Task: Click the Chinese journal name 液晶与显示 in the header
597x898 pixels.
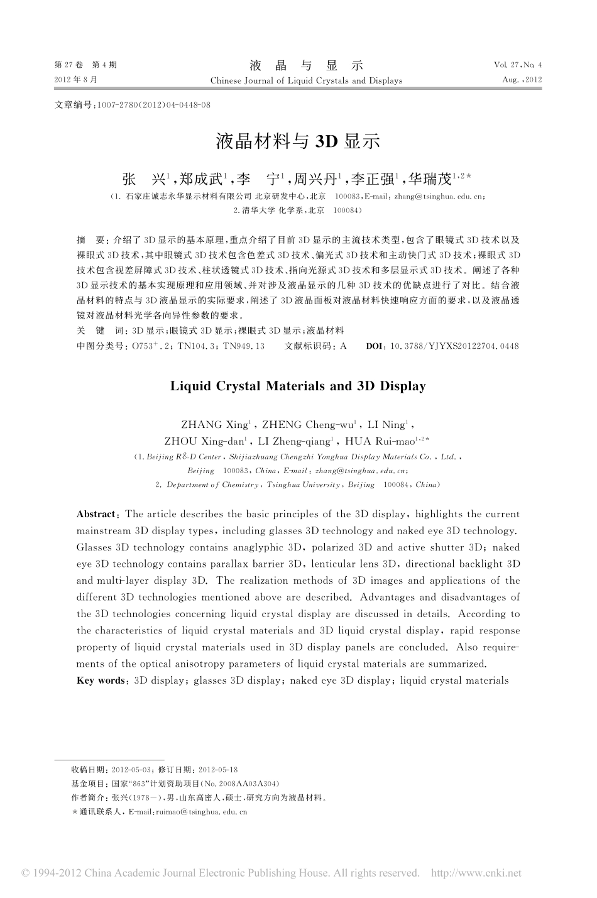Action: (306, 65)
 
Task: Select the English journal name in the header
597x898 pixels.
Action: (306, 80)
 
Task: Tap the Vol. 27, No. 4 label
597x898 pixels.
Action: (517, 65)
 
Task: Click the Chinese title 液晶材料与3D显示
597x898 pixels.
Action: (298, 141)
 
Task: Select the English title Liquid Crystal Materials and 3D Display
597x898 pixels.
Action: (298, 386)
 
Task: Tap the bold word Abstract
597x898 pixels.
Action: (96, 514)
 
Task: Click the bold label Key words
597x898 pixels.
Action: (101, 680)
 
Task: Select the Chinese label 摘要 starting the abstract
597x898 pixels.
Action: (90, 240)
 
